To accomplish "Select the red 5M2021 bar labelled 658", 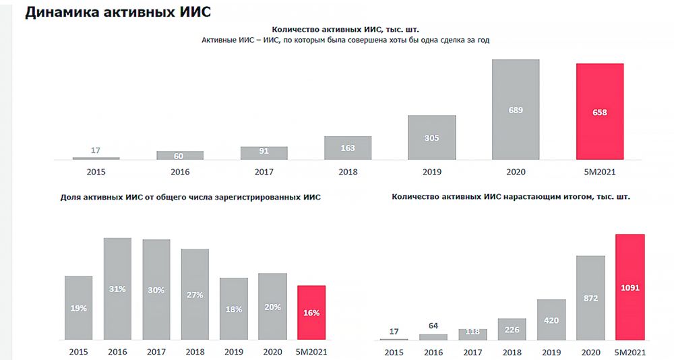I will point(599,112).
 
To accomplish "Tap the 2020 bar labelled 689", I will point(516,110).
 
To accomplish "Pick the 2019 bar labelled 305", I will point(432,138).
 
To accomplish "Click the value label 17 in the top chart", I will point(96,150).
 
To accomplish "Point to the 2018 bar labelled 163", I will point(348,148).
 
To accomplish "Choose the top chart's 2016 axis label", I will point(180,172).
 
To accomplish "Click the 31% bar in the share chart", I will point(117,289).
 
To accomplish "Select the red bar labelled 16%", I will point(311,312).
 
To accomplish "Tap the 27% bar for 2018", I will point(195,294).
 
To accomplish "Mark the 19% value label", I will point(78,308).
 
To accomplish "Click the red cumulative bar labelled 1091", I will point(631,287).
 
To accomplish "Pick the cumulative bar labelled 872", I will point(591,297).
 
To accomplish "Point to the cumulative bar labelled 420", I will point(551,320).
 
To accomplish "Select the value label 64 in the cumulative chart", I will point(433,326).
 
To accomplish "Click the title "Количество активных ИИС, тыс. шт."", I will point(349,30).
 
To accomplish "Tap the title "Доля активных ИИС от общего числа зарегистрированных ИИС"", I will point(191,198).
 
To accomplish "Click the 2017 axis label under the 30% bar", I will point(156,351).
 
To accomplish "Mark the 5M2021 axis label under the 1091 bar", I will point(631,351).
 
